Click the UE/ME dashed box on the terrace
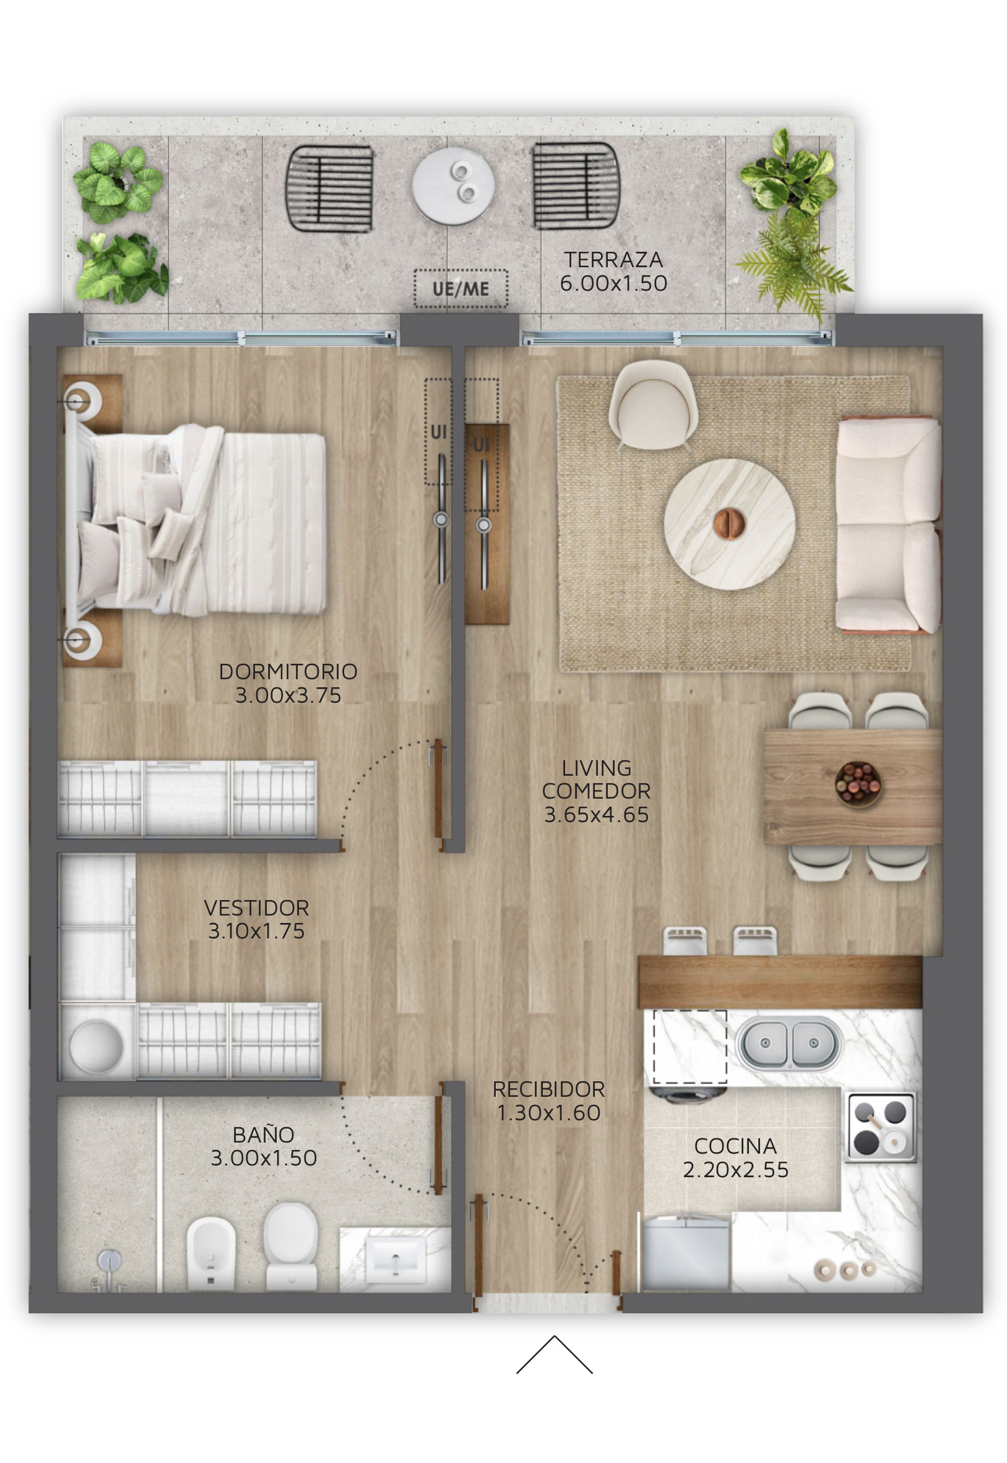460,289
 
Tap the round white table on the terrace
454,186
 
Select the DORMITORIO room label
288,672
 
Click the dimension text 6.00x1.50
613,284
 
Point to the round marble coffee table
728,524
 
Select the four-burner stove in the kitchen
881,1128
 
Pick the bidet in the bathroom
212,1253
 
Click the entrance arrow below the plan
555,1355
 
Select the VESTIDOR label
257,908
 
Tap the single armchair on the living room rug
653,405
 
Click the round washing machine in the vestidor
97,1045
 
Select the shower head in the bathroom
109,1261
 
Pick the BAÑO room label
264,1135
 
